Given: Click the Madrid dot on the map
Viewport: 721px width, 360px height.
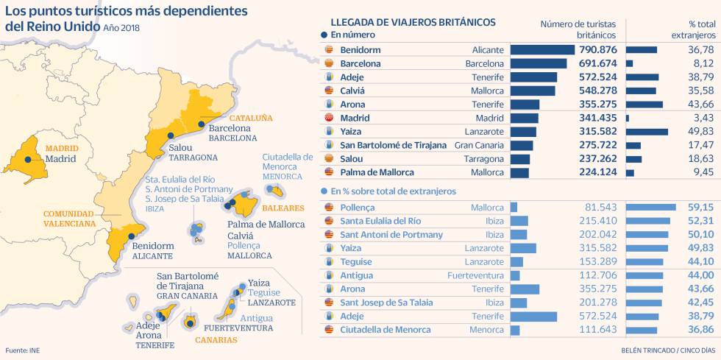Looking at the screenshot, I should pyautogui.click(x=28, y=159).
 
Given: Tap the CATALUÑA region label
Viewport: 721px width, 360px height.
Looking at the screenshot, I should pyautogui.click(x=251, y=118).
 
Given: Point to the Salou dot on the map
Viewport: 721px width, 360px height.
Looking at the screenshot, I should pyautogui.click(x=171, y=135).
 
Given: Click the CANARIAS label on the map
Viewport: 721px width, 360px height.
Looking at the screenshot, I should pyautogui.click(x=216, y=340).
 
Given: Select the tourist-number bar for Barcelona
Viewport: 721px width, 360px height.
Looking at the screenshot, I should pyautogui.click(x=538, y=63).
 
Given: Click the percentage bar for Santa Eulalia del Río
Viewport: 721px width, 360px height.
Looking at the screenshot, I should pyautogui.click(x=647, y=221).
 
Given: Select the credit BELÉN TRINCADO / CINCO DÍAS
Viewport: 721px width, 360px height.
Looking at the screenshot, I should pyautogui.click(x=668, y=351).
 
